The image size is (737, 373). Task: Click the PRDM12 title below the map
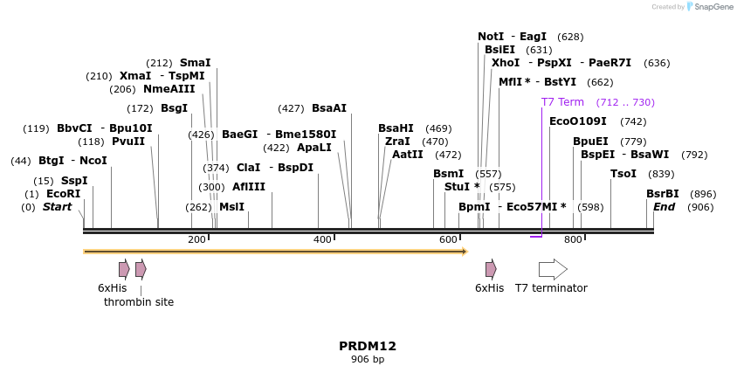click(368, 346)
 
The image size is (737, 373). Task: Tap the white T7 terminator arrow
click(553, 269)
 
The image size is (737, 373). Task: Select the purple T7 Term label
click(562, 102)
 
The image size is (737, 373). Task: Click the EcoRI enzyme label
click(63, 194)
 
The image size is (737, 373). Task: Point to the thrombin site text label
click(139, 302)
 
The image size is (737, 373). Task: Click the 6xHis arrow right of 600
click(491, 269)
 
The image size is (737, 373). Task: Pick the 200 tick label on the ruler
click(196, 239)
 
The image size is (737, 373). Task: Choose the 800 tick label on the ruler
click(573, 239)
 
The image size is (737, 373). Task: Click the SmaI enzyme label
click(195, 63)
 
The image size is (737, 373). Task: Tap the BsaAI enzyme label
click(329, 108)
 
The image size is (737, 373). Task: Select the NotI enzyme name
click(491, 37)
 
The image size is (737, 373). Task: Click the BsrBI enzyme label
click(662, 194)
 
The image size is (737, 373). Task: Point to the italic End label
click(664, 207)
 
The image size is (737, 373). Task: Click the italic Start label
click(57, 207)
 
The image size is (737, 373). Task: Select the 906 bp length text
click(368, 359)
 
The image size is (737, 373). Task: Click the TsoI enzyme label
click(623, 174)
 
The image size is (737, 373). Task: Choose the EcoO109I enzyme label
click(578, 121)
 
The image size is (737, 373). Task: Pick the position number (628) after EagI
click(570, 37)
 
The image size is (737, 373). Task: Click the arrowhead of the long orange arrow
click(464, 252)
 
